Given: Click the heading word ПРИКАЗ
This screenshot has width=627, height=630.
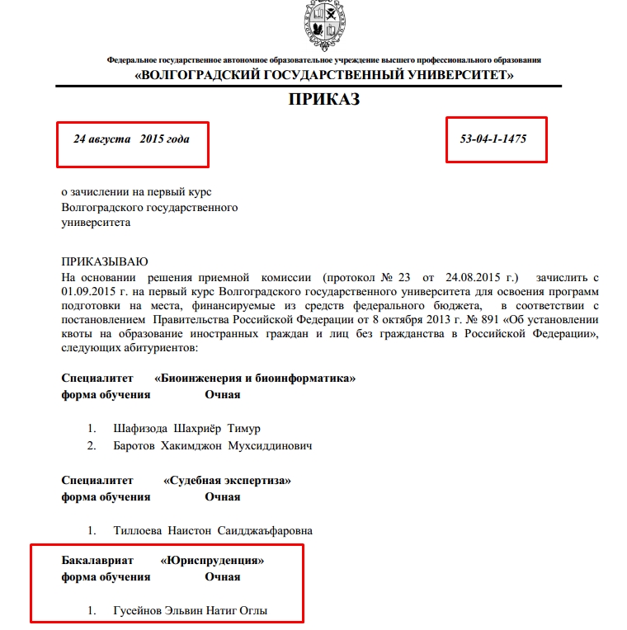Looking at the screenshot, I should pyautogui.click(x=323, y=101).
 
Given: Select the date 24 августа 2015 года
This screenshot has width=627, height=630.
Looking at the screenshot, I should pyautogui.click(x=131, y=139).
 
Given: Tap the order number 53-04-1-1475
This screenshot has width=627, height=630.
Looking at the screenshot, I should pyautogui.click(x=493, y=139).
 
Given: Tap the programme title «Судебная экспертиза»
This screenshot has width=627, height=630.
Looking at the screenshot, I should pyautogui.click(x=227, y=480).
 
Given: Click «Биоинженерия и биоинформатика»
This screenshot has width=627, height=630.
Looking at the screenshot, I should pyautogui.click(x=256, y=378).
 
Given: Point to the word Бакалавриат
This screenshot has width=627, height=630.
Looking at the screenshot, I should pyautogui.click(x=97, y=560).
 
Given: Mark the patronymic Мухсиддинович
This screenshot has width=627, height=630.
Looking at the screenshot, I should pyautogui.click(x=274, y=445).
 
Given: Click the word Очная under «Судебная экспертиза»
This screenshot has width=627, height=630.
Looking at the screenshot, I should pyautogui.click(x=223, y=496).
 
